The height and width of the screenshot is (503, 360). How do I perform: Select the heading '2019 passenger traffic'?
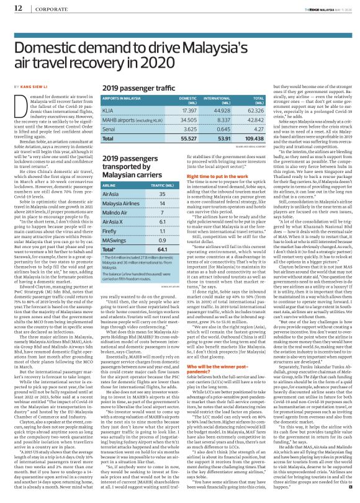point(129,90)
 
